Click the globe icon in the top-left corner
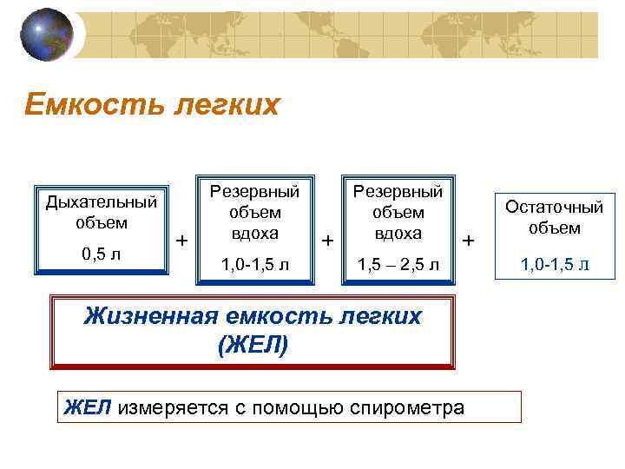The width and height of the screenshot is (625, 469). [46, 35]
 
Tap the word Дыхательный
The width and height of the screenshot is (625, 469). [102, 202]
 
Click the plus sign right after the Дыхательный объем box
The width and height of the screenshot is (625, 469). [181, 239]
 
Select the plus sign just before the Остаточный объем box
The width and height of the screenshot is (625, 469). [470, 239]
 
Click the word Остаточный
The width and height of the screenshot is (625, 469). [554, 208]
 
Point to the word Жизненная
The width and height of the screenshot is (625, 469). [146, 316]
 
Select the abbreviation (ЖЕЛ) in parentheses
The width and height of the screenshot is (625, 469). [253, 346]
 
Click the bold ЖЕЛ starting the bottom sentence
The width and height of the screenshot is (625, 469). [89, 406]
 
